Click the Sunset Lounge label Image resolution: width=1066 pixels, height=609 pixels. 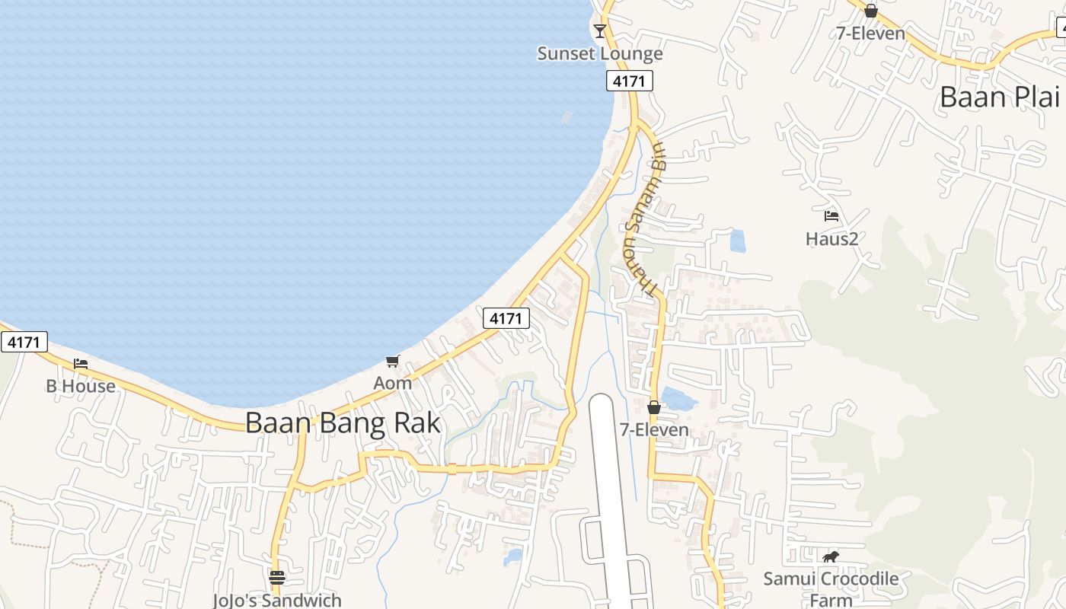point(600,54)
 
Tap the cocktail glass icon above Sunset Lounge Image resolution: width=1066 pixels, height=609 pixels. point(600,30)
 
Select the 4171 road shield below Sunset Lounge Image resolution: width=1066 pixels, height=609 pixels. point(630,81)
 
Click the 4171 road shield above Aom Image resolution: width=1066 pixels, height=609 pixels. point(506,318)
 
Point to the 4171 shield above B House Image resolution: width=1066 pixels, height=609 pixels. point(24,342)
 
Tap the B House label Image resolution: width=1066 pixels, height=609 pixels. point(81,386)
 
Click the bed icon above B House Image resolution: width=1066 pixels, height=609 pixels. point(81,364)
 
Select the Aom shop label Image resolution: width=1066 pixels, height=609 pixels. point(392,383)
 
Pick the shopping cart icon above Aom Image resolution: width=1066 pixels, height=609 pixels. point(392,361)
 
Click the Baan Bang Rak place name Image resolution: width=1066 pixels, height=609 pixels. point(343,423)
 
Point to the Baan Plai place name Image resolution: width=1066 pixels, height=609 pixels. point(999,97)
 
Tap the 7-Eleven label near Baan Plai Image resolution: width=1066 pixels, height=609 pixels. point(870,33)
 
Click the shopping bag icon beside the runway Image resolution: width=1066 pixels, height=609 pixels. point(653,407)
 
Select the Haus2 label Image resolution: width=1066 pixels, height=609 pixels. point(831,239)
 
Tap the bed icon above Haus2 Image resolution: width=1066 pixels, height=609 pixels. point(831,216)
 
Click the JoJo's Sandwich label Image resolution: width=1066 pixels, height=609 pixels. point(277,600)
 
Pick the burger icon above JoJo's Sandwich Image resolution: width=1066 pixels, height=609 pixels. point(277,578)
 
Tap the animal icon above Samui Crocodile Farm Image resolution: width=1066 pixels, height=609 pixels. point(831,557)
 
